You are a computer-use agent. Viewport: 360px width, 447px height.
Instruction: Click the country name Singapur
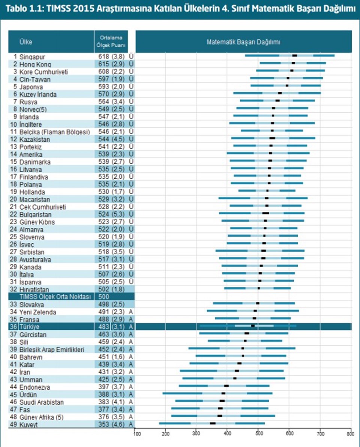32,57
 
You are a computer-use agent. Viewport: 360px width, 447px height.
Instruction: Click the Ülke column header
26,42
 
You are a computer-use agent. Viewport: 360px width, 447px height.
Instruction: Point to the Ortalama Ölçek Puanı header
111,41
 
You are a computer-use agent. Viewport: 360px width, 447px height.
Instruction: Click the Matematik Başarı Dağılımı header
243,42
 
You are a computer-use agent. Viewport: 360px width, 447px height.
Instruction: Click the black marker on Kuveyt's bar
213,423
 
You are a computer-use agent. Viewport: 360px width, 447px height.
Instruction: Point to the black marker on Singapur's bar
295,55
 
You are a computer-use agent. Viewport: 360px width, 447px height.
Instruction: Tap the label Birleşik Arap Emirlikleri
52,349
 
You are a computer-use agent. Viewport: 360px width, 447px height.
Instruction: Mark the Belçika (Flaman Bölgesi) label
54,132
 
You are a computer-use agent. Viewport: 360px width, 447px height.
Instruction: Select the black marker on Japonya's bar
287,85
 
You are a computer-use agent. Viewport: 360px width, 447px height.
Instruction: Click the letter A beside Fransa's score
131,319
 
